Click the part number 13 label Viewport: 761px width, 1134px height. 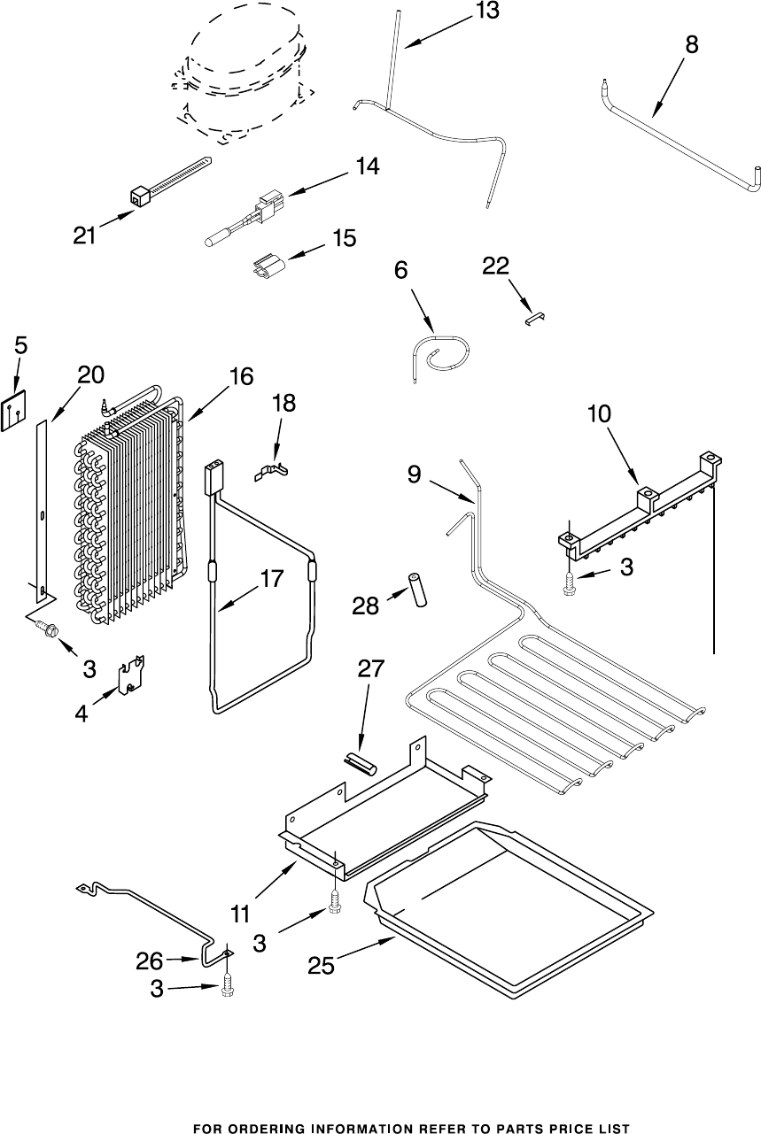485,12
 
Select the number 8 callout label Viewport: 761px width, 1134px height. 691,46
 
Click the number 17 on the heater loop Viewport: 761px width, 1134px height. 271,580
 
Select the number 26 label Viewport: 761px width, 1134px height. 150,960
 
